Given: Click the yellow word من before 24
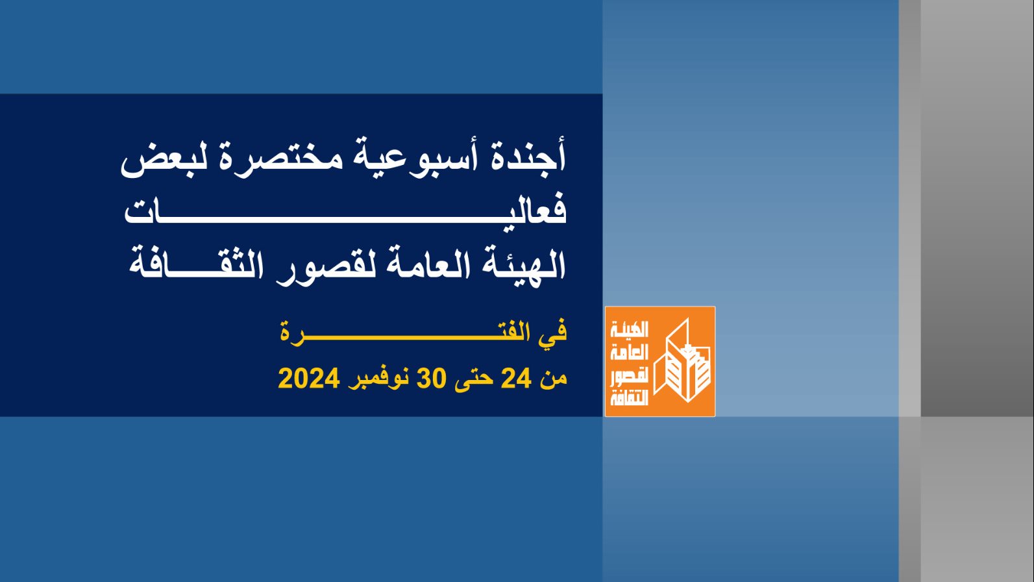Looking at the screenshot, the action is point(553,379).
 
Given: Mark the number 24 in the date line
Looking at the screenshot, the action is point(516,378).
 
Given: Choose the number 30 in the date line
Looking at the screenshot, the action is point(432,378).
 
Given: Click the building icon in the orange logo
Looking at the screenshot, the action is point(682,361).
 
